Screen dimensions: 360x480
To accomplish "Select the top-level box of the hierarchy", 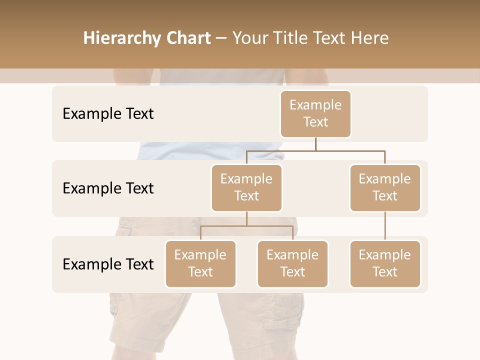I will [315, 114].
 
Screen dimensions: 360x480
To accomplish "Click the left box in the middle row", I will [246, 188].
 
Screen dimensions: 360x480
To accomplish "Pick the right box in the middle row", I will [385, 188].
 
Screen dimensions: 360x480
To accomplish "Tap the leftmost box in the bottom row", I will [200, 264].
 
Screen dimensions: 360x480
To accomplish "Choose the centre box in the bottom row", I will [292, 264].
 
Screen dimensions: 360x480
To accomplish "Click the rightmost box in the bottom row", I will [385, 264].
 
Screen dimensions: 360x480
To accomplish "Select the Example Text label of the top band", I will [108, 114].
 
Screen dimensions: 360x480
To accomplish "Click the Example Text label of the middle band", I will [108, 188].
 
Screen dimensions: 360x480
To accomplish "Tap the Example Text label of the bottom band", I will [108, 264].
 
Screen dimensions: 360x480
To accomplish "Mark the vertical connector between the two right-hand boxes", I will [385, 226].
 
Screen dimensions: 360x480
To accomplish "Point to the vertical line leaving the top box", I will [315, 144].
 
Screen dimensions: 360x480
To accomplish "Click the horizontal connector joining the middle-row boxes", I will [315, 150].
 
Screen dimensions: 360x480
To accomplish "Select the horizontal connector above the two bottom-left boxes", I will [246, 226].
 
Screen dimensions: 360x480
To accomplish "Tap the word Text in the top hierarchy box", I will [315, 122].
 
